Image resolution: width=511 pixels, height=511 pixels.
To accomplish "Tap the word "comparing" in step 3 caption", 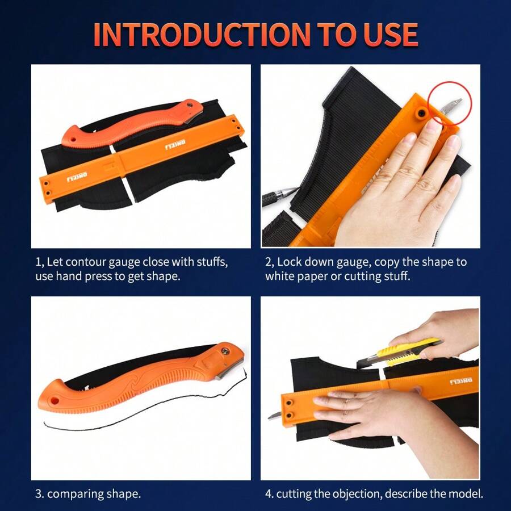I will [x=76, y=493].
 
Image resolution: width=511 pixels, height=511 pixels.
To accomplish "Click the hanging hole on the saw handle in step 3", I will [x=56, y=400].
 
